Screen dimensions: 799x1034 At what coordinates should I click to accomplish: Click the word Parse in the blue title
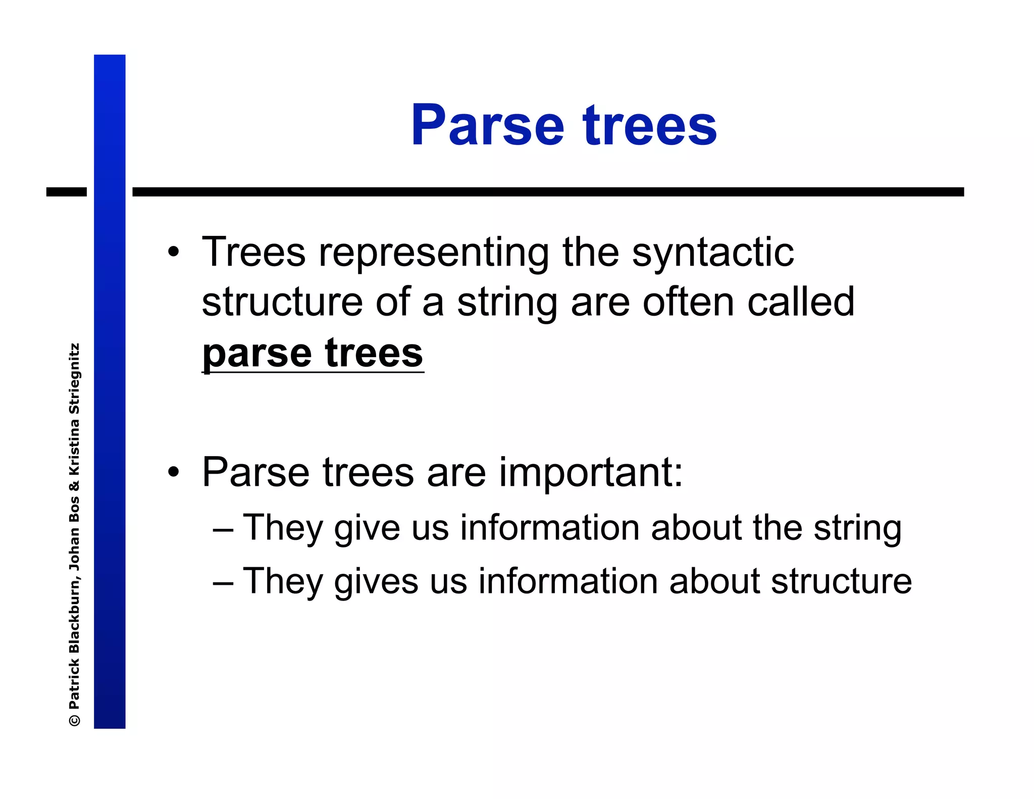pos(487,125)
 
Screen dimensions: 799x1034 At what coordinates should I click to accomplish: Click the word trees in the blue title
pos(650,125)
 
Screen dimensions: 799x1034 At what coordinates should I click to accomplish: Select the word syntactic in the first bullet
pos(712,252)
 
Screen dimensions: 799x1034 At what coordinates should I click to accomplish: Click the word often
pos(688,302)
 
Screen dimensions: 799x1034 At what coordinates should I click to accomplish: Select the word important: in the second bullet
pos(591,473)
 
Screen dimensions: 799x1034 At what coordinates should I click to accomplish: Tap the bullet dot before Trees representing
pos(174,252)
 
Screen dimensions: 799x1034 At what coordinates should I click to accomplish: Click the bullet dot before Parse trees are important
pos(174,472)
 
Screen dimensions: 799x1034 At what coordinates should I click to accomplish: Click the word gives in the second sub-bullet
pos(376,582)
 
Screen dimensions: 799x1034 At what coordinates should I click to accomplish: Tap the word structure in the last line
pos(841,581)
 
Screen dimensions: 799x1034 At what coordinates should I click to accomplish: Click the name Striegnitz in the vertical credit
pos(74,379)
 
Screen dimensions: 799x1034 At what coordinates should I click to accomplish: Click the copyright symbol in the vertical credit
pos(74,720)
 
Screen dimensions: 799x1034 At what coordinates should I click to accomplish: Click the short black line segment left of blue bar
pos(66,192)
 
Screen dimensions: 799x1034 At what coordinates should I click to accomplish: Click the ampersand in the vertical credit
pos(74,486)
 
